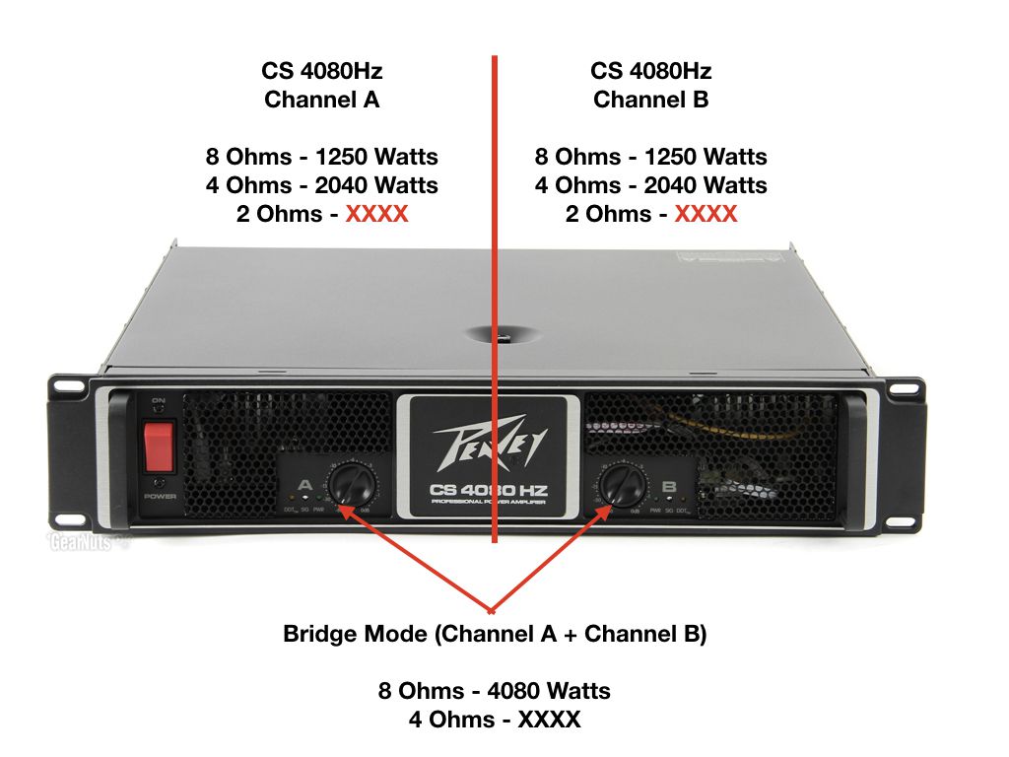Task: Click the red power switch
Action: pyautogui.click(x=159, y=447)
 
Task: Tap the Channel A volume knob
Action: pyautogui.click(x=350, y=484)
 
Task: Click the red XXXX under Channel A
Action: pyautogui.click(x=375, y=214)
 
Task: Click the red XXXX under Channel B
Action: pyautogui.click(x=705, y=214)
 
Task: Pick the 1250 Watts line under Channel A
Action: pyautogui.click(x=321, y=157)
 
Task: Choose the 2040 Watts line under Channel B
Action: pyautogui.click(x=650, y=185)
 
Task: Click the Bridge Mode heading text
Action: pyautogui.click(x=495, y=634)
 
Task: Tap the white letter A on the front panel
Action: pyautogui.click(x=303, y=486)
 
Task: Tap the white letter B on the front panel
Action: pyautogui.click(x=670, y=486)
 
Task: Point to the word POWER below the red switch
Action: pyautogui.click(x=159, y=496)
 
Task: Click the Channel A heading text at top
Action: pyautogui.click(x=321, y=100)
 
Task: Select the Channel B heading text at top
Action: pyautogui.click(x=650, y=100)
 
